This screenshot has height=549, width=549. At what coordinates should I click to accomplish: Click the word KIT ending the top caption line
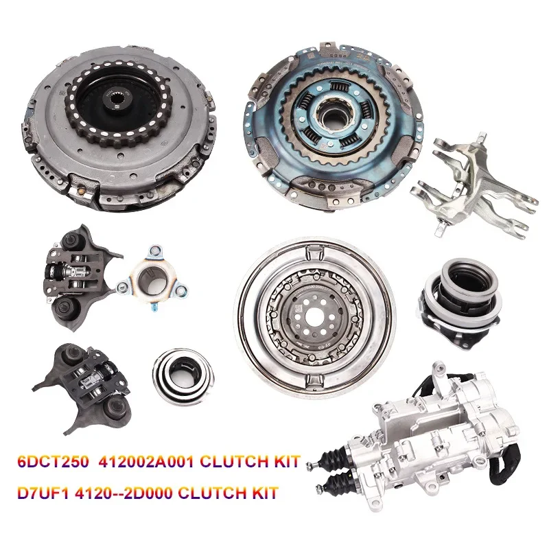coord(283,462)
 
